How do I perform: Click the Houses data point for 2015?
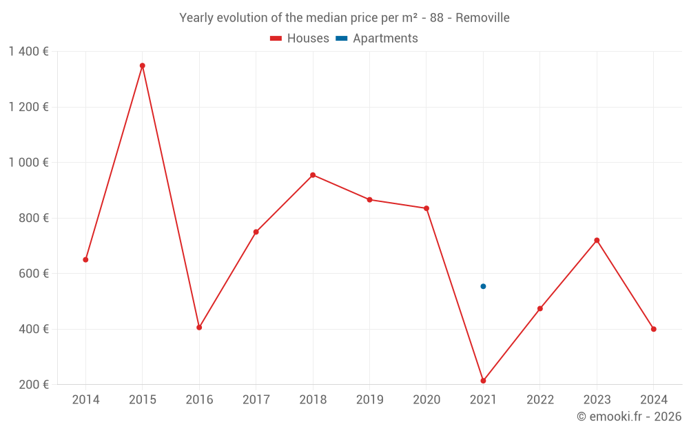click(x=143, y=66)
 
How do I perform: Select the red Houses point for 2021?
click(x=483, y=381)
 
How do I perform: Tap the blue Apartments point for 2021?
click(x=483, y=286)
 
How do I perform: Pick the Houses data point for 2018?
click(x=313, y=175)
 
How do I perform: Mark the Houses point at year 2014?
click(x=85, y=260)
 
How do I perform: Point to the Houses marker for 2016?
click(x=199, y=328)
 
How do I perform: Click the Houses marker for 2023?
click(x=597, y=240)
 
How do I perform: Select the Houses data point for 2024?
click(x=653, y=329)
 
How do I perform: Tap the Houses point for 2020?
click(x=426, y=208)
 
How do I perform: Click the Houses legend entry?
click(x=300, y=39)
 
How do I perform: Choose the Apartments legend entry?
click(x=377, y=39)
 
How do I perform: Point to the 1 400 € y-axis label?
click(x=28, y=52)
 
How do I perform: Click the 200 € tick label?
click(x=34, y=385)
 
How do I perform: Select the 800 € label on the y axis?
click(x=34, y=218)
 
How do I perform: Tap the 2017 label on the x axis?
click(x=256, y=400)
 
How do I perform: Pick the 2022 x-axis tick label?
click(x=539, y=400)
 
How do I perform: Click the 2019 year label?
click(x=369, y=400)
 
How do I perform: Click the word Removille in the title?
click(x=482, y=18)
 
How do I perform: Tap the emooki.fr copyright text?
click(x=629, y=417)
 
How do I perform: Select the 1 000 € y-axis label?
click(x=28, y=163)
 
